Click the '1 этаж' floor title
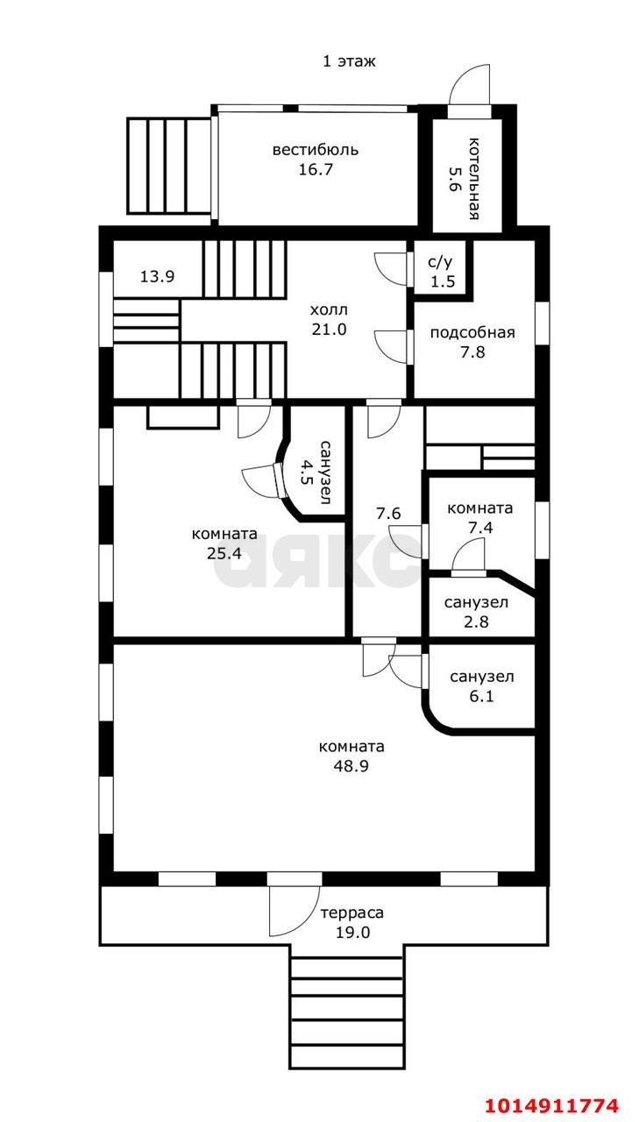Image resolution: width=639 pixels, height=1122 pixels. click(x=349, y=61)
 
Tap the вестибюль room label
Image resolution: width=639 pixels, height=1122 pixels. click(x=315, y=149)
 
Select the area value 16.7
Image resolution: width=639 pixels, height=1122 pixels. click(x=315, y=169)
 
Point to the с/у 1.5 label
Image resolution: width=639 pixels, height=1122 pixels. click(x=440, y=272)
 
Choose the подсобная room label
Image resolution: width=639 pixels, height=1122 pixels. click(x=472, y=332)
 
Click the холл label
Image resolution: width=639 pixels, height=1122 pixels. click(x=329, y=309)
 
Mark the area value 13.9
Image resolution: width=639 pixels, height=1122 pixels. click(x=157, y=276)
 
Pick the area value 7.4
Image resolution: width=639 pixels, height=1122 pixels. click(x=479, y=529)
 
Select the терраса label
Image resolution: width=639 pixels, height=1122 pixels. click(x=351, y=913)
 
